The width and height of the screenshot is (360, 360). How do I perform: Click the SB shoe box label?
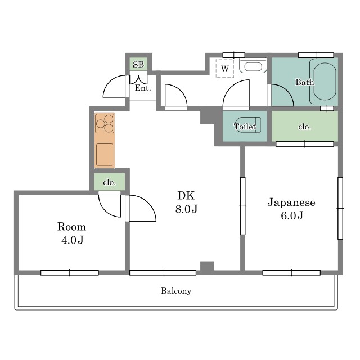click(138, 65)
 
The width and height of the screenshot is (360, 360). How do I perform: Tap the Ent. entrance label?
click(143, 88)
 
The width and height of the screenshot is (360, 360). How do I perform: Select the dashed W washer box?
click(225, 68)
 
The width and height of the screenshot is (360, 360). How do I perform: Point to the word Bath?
click(304, 82)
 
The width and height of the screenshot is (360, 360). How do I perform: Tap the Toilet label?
click(245, 126)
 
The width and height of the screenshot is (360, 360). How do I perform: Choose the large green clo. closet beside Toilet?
click(305, 126)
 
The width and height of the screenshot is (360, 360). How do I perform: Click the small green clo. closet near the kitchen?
click(110, 182)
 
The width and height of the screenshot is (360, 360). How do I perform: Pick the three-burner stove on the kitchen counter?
click(105, 124)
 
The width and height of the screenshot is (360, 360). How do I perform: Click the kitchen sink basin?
click(105, 155)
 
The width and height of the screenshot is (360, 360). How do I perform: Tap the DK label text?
click(186, 195)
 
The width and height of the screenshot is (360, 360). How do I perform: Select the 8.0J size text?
click(186, 209)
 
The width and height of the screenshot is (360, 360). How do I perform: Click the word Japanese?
click(291, 202)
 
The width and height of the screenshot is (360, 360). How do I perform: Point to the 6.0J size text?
click(292, 215)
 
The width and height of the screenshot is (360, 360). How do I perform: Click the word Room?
click(71, 227)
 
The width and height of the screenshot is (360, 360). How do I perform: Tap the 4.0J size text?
click(73, 240)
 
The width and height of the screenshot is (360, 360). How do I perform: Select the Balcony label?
click(176, 291)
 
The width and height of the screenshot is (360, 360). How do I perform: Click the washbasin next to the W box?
click(253, 66)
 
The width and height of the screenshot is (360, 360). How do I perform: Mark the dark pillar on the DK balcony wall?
click(208, 267)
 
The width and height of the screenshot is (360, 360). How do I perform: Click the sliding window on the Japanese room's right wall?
click(340, 208)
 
